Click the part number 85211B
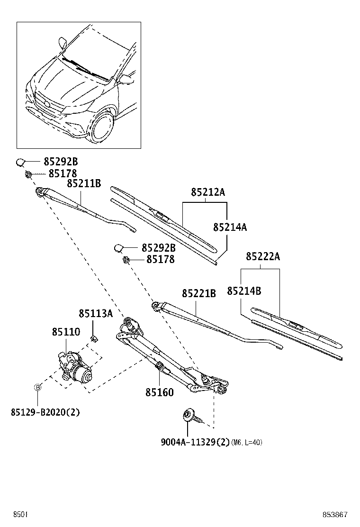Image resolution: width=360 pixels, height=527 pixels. point(83,183)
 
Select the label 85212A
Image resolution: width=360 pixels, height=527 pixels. point(208,192)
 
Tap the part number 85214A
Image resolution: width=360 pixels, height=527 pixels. point(230,227)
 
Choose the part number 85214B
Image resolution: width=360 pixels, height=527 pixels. point(244,291)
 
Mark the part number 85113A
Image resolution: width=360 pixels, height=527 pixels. point(96,313)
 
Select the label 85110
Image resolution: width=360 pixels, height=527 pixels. point(66,332)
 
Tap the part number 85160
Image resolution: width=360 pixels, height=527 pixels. point(159,392)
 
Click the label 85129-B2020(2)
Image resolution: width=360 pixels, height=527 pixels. point(45,412)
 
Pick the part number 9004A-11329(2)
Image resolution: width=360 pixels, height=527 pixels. point(195,443)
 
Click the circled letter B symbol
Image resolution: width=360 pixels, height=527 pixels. point(38,388)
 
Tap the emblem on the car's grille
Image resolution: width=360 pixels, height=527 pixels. point(47,104)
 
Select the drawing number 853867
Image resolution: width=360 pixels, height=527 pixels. point(335,515)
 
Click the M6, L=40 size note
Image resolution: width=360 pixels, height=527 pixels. point(247,443)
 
